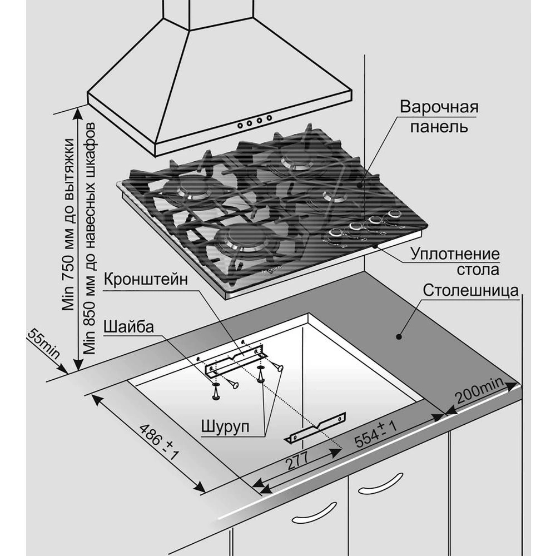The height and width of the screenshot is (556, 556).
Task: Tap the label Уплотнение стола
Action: pos(455,262)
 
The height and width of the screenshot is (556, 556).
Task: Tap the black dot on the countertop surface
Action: pos(399,336)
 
